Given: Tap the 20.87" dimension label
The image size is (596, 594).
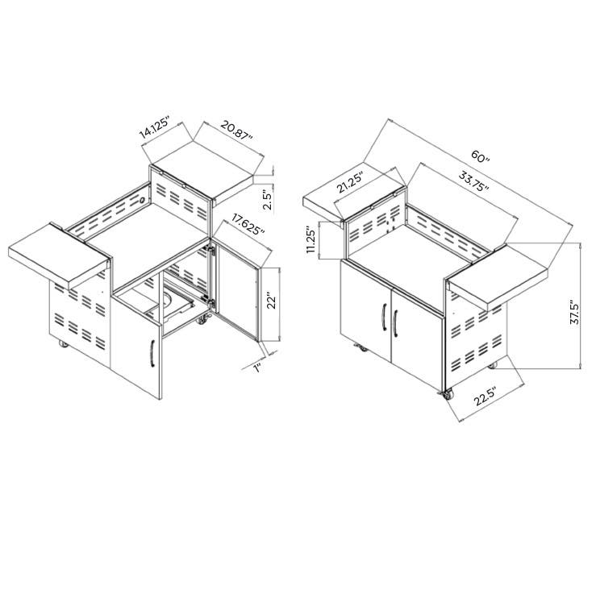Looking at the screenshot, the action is [237, 132].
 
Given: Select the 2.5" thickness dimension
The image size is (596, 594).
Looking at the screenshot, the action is [268, 197].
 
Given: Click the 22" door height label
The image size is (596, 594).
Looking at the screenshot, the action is [272, 301].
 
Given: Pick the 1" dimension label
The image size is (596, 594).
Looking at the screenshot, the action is [258, 368].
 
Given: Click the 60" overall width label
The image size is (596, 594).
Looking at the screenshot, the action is [481, 156].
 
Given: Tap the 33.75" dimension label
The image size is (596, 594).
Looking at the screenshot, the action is [473, 181].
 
